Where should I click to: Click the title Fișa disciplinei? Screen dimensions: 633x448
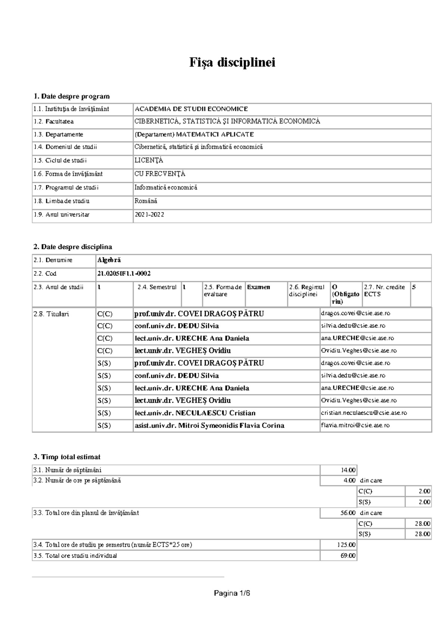[x=232, y=62]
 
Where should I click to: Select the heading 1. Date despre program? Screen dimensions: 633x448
[x=71, y=96]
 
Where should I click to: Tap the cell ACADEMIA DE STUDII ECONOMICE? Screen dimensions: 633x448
[x=191, y=109]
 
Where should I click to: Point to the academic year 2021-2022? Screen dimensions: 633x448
[x=149, y=215]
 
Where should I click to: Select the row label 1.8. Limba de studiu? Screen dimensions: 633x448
[x=62, y=201]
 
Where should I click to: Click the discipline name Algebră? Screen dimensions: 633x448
[x=109, y=260]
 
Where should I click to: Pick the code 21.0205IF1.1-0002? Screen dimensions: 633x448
[x=124, y=274]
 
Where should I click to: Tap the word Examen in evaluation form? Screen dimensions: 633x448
[x=258, y=287]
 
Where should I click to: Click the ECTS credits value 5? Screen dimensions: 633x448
[x=414, y=287]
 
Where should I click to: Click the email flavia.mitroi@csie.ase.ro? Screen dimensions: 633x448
[x=355, y=425]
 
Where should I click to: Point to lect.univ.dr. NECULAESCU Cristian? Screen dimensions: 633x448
[x=195, y=413]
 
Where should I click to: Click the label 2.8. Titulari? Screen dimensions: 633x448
[x=51, y=314]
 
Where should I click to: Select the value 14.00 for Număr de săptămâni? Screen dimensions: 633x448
[x=348, y=470]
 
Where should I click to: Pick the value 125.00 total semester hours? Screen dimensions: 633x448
[x=346, y=545]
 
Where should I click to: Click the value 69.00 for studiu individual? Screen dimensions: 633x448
[x=348, y=556]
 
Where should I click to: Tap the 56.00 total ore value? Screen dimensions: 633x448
[x=348, y=513]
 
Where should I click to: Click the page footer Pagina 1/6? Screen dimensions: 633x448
[x=232, y=593]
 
